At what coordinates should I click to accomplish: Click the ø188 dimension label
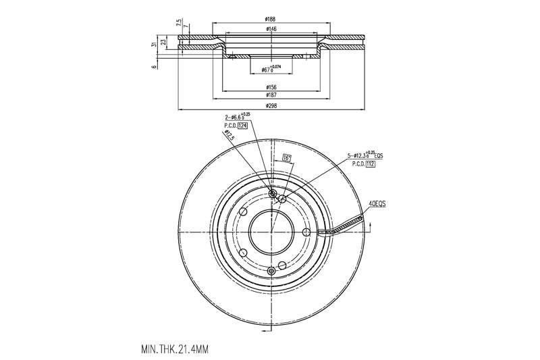271,20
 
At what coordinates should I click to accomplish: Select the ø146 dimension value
271,29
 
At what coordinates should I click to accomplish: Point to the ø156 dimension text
271,87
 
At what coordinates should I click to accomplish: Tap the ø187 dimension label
271,96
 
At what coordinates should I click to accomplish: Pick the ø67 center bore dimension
269,69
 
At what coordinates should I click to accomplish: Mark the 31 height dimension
155,44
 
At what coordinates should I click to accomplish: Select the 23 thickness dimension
164,42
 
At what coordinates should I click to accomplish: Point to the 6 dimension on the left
155,66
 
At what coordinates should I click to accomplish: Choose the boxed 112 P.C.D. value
370,163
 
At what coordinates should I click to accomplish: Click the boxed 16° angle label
286,159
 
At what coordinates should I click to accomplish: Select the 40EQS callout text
377,203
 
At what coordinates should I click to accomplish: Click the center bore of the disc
271,232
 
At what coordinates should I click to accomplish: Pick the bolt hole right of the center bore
306,232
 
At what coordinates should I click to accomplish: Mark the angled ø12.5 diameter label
230,136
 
